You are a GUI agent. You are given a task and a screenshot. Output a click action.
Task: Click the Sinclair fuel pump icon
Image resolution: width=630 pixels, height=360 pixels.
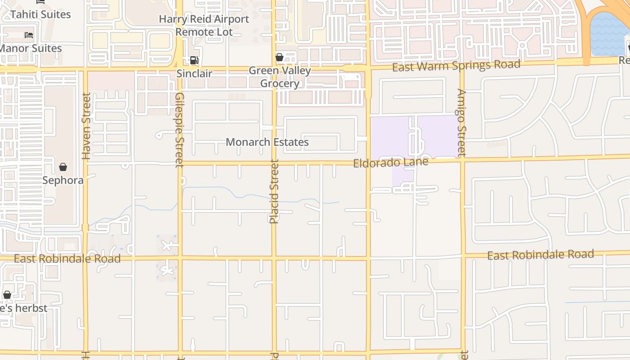194,60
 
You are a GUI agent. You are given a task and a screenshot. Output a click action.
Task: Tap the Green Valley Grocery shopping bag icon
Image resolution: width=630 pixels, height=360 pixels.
279,57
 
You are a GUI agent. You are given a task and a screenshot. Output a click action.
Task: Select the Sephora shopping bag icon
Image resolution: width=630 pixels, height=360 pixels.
63,167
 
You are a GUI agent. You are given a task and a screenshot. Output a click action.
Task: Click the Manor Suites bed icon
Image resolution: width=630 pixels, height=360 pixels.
29,35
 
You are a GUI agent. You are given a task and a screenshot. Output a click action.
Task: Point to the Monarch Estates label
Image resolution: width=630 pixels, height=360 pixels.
267,142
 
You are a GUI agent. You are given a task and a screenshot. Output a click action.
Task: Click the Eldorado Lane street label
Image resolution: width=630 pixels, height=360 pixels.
391,162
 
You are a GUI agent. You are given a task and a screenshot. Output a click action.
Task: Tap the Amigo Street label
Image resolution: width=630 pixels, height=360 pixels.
462,122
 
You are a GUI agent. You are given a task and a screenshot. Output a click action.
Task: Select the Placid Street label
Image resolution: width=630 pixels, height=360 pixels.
274,191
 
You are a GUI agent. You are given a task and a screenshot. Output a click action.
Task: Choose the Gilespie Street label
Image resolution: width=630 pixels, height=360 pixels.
180,130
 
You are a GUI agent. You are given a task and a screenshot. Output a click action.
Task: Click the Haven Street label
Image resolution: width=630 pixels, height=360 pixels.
86,126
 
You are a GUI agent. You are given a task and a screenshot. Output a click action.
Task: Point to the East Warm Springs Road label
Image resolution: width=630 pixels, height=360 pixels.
456,66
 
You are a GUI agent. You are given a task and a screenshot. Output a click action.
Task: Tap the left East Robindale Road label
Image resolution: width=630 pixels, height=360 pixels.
67,259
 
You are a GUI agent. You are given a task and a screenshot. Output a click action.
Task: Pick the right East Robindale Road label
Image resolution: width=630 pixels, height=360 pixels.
540,255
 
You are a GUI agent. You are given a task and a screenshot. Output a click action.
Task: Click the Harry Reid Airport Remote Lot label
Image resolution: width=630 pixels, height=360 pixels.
204,26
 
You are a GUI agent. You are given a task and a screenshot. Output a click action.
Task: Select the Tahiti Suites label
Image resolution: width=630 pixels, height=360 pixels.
40,14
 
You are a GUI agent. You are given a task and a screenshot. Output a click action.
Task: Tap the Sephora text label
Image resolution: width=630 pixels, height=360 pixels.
63,180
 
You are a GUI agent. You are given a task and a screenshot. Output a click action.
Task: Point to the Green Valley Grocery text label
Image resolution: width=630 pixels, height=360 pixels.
279,77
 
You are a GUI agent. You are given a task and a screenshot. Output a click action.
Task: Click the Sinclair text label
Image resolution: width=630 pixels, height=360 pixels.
194,73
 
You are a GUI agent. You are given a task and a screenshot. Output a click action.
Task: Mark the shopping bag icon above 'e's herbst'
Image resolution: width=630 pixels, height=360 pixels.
7,295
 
